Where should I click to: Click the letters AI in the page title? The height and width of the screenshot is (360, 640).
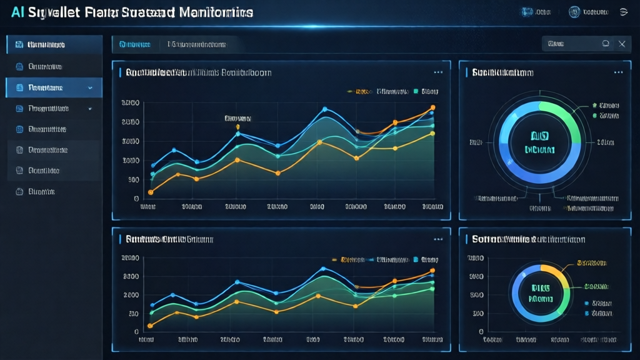click(x=18, y=12)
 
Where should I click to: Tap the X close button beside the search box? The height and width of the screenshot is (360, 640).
click(x=621, y=44)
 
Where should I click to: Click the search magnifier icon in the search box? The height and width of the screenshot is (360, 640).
click(x=605, y=44)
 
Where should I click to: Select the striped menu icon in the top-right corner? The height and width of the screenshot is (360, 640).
click(x=623, y=12)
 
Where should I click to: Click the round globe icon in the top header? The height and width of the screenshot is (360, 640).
click(x=574, y=12)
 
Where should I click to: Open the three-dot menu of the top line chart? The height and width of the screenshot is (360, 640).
click(x=438, y=72)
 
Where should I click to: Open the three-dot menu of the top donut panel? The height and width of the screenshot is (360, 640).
click(x=618, y=72)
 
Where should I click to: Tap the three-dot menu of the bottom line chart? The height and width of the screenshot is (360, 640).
click(x=438, y=239)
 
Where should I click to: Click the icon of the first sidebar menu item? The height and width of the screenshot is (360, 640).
click(x=19, y=45)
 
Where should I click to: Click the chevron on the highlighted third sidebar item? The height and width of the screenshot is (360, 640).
click(x=90, y=88)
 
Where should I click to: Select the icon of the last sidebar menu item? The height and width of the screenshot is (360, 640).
click(x=19, y=192)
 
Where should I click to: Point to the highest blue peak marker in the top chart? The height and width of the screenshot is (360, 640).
click(x=324, y=109)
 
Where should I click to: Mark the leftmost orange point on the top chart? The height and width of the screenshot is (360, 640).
click(x=151, y=192)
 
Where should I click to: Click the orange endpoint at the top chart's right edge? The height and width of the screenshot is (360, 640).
click(x=432, y=108)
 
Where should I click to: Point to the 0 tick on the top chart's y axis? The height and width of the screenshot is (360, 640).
click(x=136, y=199)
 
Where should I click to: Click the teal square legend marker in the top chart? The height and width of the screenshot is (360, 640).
click(x=415, y=91)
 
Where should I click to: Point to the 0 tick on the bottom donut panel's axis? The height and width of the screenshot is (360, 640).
click(x=481, y=332)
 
